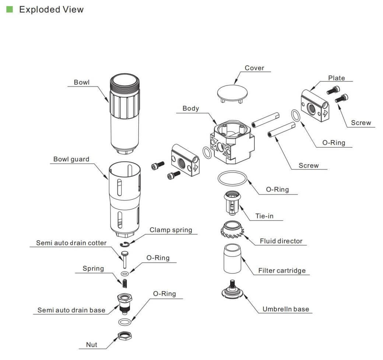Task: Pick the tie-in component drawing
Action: [x=232, y=202]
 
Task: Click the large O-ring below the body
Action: [x=232, y=179]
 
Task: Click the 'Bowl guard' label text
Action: [x=71, y=159]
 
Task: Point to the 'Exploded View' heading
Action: [x=51, y=9]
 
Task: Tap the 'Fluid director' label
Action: [x=281, y=241]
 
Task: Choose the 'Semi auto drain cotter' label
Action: [x=71, y=243]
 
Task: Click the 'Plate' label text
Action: [x=337, y=78]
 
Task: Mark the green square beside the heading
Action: [x=10, y=9]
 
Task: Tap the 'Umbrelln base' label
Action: [x=286, y=309]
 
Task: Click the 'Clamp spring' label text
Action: [x=171, y=230]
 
